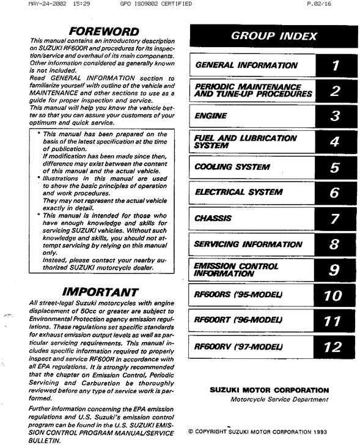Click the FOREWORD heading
[103, 31]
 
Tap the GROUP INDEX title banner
[265, 36]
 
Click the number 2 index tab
[334, 91]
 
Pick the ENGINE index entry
[210, 116]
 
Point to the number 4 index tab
[334, 142]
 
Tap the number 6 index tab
[334, 193]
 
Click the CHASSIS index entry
[213, 218]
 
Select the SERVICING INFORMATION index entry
[248, 245]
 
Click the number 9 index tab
[334, 270]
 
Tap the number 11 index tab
[333, 321]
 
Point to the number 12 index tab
[333, 347]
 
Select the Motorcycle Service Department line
[279, 399]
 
